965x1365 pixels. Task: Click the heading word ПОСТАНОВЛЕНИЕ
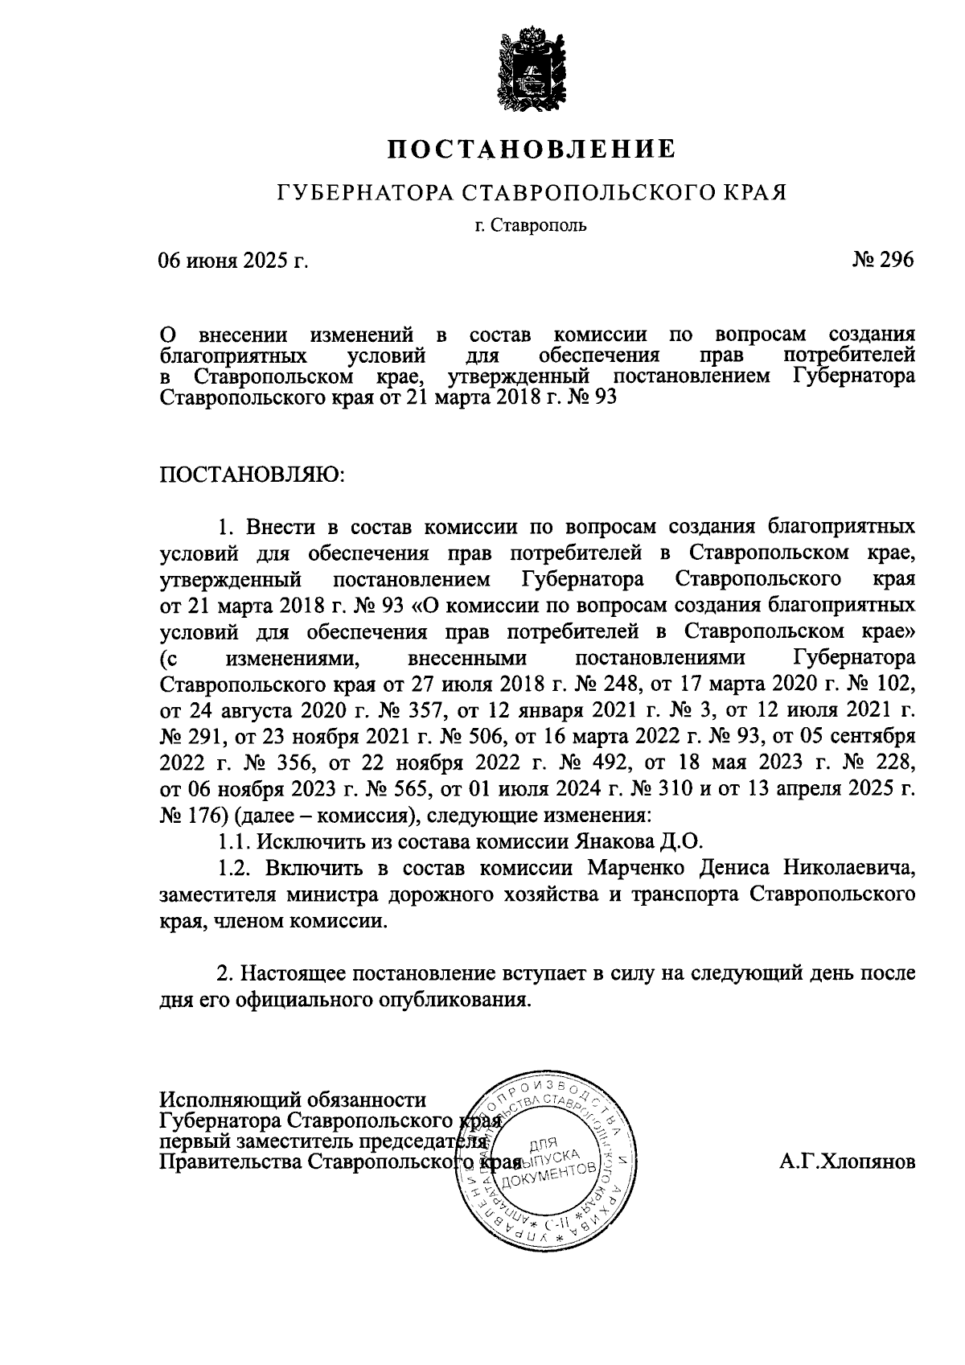point(531,149)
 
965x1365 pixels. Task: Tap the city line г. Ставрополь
point(531,224)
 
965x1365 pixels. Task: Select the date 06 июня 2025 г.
point(234,261)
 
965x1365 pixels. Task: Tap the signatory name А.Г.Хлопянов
point(847,1161)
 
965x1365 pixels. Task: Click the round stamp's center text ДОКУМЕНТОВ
point(548,1175)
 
